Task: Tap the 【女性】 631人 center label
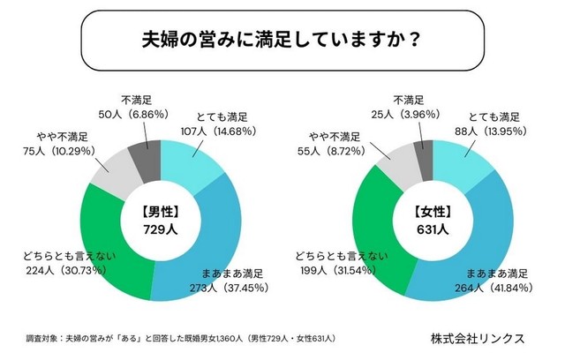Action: (432, 220)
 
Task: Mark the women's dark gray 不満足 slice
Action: (424, 155)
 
